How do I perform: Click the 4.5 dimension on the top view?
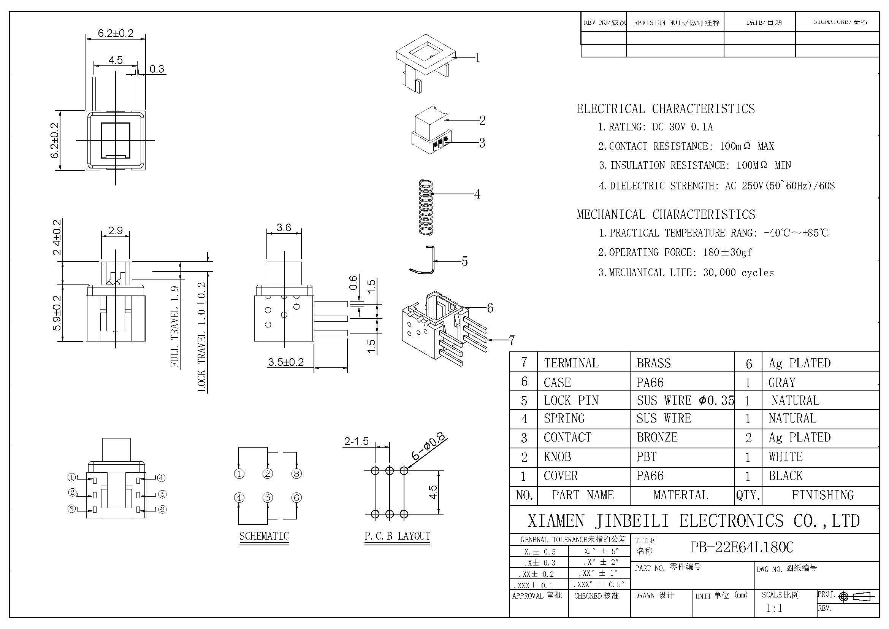(116, 60)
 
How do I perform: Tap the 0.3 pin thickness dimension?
(157, 69)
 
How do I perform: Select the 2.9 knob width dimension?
(116, 231)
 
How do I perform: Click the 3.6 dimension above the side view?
(284, 227)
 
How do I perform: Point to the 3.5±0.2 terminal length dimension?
(286, 362)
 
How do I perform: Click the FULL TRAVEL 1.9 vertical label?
(174, 327)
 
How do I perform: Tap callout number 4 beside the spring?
(477, 194)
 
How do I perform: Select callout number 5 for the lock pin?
(464, 261)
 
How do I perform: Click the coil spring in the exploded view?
(426, 208)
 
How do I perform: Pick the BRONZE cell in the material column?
(657, 437)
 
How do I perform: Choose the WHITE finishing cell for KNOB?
(786, 457)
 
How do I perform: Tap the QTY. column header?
(748, 496)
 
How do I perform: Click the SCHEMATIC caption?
(264, 536)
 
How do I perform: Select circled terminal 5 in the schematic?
(268, 497)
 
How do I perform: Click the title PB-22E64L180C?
(742, 547)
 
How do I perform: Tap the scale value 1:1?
(774, 608)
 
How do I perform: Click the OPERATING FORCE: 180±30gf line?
(675, 253)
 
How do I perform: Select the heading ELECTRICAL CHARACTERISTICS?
(665, 109)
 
